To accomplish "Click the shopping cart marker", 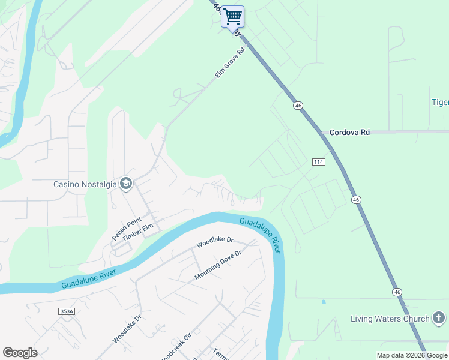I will [232, 17].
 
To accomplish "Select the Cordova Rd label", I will [349, 132].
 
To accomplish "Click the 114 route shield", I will [319, 162].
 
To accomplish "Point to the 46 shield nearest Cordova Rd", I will [298, 106].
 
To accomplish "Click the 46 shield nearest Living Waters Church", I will [397, 292].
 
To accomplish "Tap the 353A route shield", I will [67, 311].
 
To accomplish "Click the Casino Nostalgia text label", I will [85, 183].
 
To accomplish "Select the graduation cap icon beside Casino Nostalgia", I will [126, 183].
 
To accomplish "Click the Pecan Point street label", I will [125, 228].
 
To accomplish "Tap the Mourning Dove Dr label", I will [217, 265].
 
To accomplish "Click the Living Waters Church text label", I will [390, 319].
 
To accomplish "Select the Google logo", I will [20, 353].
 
